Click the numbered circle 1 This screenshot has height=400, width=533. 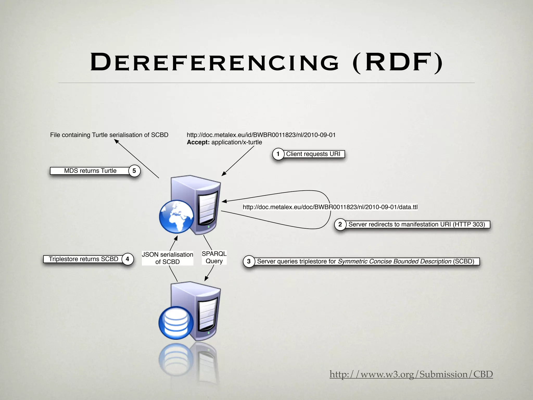point(278,154)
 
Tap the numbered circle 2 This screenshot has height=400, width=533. point(340,224)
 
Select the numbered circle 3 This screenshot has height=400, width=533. point(249,261)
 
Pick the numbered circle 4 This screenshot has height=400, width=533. point(127,259)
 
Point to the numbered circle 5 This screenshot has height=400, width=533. point(134,171)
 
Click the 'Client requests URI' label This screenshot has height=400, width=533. point(313,154)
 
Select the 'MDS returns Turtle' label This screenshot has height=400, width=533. point(90,171)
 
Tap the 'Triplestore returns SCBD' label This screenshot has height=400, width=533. point(83,259)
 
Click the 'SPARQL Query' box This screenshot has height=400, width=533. point(214,257)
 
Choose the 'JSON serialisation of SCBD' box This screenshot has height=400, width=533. point(167,258)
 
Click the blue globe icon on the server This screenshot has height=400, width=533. point(176,216)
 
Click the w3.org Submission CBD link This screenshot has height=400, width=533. point(411,374)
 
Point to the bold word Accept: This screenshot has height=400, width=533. point(198,142)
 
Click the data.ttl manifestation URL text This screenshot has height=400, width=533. point(330,207)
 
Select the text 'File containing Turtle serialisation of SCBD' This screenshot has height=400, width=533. point(109,135)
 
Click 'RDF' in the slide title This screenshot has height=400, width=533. point(397,63)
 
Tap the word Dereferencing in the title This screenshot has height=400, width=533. point(215,63)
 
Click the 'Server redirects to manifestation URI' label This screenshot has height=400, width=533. point(416,224)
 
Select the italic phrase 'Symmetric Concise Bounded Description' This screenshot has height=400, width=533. point(394,261)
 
